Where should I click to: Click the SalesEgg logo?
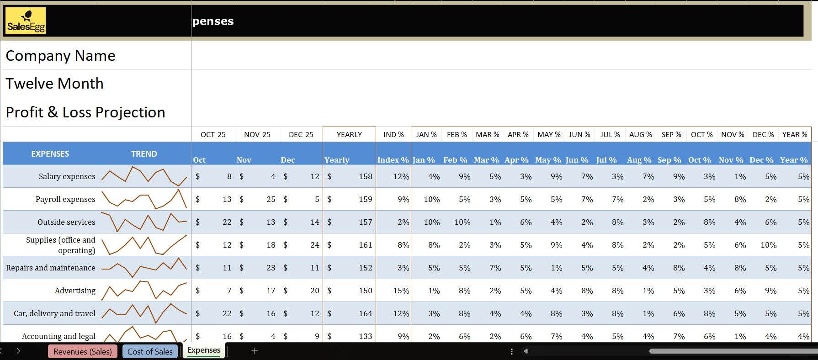26,21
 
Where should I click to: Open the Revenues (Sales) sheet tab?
82,351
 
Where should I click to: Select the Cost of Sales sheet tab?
150,351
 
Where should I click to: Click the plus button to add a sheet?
255,351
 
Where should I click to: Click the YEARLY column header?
349,134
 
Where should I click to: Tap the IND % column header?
393,134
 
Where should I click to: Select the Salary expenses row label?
67,176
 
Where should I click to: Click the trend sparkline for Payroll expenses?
144,199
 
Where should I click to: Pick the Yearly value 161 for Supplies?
365,245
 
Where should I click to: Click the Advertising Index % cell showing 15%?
401,291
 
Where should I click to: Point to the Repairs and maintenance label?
51,268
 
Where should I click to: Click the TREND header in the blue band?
144,154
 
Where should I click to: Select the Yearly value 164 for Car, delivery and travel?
365,313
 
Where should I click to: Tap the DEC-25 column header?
301,134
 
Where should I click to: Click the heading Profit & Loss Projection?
85,112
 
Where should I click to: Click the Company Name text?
60,56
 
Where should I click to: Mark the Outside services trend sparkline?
144,222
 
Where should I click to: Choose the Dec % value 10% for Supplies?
768,245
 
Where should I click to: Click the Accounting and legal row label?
58,336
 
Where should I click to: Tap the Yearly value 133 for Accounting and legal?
365,336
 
